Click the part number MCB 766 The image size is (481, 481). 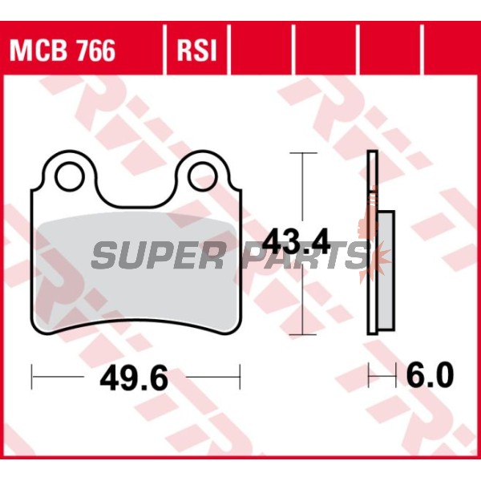point(63,51)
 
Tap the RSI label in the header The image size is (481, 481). point(196,51)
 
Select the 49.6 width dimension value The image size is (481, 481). point(134,378)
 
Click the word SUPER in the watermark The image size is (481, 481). point(158,255)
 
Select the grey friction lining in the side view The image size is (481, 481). point(386,271)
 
